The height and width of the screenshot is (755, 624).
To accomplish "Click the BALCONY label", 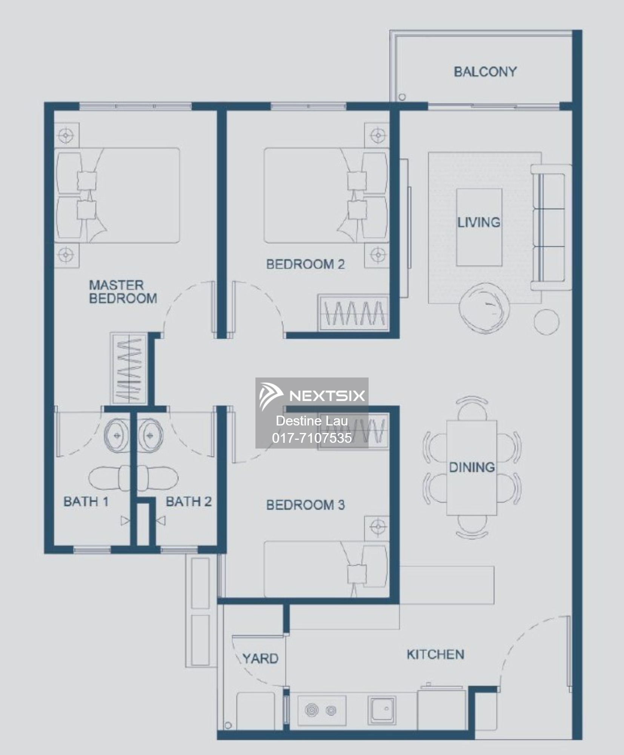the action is (485, 71).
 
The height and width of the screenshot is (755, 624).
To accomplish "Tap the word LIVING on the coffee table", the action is (479, 222).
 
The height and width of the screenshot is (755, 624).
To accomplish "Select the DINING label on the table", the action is (472, 467).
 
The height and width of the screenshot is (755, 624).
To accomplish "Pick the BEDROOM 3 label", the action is (305, 505).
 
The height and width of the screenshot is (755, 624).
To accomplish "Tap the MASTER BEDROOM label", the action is (123, 291).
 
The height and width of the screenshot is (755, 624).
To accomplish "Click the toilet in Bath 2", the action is (157, 478).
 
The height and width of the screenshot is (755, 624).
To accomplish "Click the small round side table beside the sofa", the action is (547, 322).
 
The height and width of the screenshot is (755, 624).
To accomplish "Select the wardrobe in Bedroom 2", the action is (353, 313).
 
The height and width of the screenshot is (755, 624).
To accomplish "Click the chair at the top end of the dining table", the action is (472, 408).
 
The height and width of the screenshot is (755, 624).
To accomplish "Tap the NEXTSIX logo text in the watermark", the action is (327, 396).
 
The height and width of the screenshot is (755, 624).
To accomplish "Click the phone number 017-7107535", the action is (312, 438).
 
